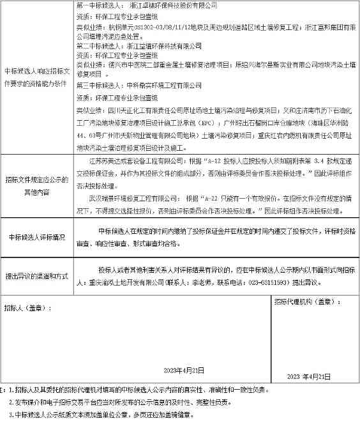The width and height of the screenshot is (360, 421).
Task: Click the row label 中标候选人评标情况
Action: pyautogui.click(x=37, y=238)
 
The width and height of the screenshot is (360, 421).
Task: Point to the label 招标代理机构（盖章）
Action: pyautogui.click(x=304, y=302)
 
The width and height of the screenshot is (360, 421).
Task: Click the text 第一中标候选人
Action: pyautogui.click(x=97, y=4)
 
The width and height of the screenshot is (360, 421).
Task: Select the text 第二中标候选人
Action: pyautogui.click(x=97, y=47)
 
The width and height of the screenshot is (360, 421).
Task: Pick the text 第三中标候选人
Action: pyautogui.click(x=97, y=85)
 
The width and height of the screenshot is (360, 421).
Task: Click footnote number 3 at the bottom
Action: pyautogui.click(x=11, y=413)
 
